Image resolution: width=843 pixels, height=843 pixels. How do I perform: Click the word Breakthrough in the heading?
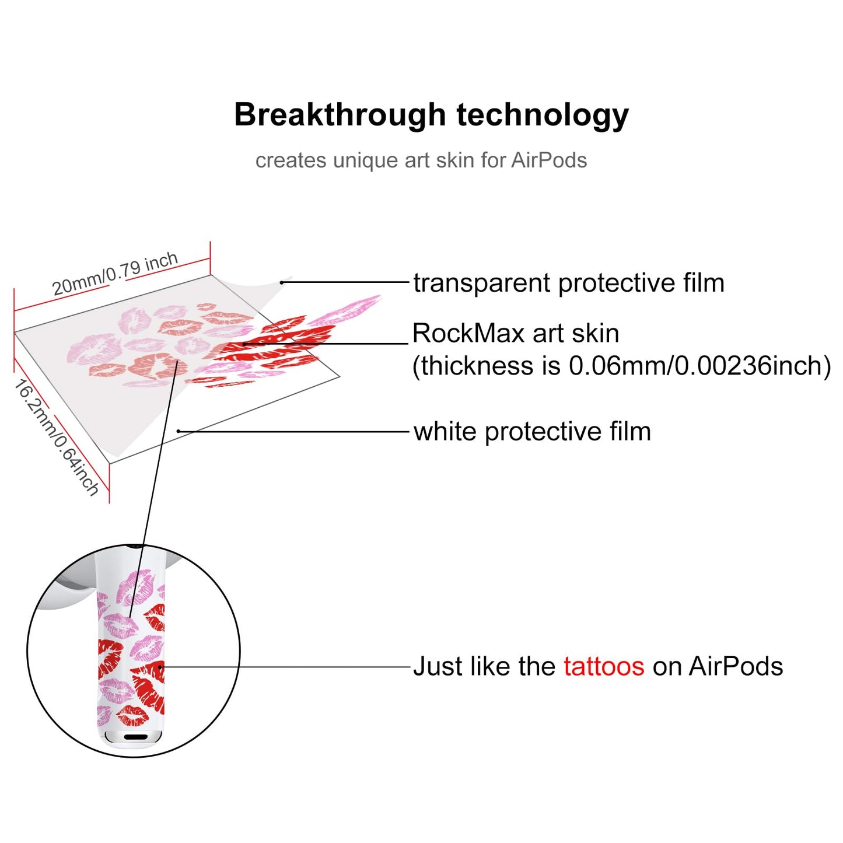pyautogui.click(x=340, y=114)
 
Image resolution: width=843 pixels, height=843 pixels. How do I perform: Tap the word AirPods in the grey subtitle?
pyautogui.click(x=549, y=160)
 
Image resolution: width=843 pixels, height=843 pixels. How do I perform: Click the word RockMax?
pyautogui.click(x=468, y=333)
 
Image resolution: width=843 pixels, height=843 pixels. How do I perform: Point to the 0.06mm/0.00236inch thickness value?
pyautogui.click(x=699, y=366)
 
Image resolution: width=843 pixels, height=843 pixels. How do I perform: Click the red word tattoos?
pyautogui.click(x=604, y=666)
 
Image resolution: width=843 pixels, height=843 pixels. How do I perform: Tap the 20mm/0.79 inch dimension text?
pyautogui.click(x=115, y=274)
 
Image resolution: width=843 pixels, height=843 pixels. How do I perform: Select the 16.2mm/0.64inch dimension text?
pyautogui.click(x=57, y=438)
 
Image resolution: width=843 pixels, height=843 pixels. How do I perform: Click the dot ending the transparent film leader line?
pyautogui.click(x=282, y=282)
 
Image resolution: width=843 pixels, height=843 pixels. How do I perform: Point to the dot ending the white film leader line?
pyautogui.click(x=179, y=431)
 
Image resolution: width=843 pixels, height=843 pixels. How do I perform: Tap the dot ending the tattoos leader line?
pyautogui.click(x=160, y=667)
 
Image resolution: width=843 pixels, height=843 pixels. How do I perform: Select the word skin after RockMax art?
pyautogui.click(x=601, y=333)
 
